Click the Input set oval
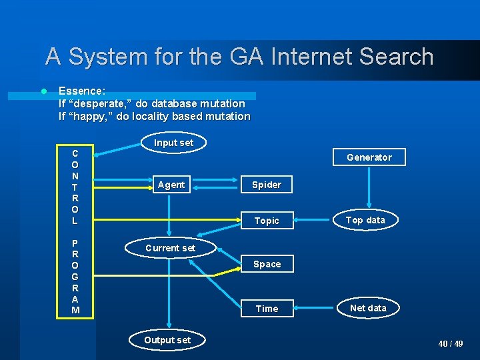pyautogui.click(x=173, y=142)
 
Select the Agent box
pyautogui.click(x=171, y=185)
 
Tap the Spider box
pyautogui.click(x=267, y=185)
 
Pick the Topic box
pyautogui.click(x=267, y=221)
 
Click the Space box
pyautogui.click(x=267, y=264)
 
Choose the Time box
pyautogui.click(x=267, y=309)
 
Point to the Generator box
pyautogui.click(x=369, y=157)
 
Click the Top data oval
pyautogui.click(x=365, y=220)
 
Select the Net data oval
pyautogui.click(x=367, y=308)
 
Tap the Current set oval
pyautogui.click(x=171, y=248)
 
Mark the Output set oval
pyautogui.click(x=167, y=340)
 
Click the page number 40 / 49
pyautogui.click(x=450, y=344)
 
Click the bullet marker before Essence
pyautogui.click(x=43, y=91)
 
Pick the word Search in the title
pyautogui.click(x=396, y=57)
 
